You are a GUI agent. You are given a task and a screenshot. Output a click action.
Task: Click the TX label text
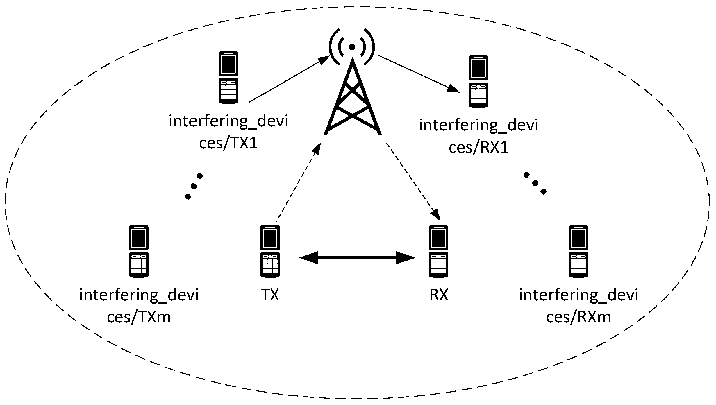[270, 295]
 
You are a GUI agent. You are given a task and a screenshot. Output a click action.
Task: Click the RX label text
[439, 295]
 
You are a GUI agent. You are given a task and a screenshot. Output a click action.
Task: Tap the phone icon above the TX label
[270, 251]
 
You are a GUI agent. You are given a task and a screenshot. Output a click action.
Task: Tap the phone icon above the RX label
[439, 251]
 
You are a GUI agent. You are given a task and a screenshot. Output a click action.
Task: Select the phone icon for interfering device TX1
[228, 77]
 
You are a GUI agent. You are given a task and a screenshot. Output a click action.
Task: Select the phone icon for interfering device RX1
[478, 82]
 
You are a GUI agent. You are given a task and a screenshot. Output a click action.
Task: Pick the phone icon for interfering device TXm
[139, 251]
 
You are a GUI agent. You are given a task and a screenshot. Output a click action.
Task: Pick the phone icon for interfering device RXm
[578, 251]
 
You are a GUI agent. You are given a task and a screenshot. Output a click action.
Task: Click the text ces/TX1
[228, 143]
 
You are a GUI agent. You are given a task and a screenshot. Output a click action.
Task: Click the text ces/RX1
[478, 148]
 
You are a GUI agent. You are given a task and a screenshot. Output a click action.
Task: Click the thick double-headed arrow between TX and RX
[357, 258]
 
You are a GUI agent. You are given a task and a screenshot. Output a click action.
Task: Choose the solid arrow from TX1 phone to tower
[289, 79]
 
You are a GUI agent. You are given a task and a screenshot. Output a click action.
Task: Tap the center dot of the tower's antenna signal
[352, 47]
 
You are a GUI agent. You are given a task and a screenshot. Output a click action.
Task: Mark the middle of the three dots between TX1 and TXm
[194, 186]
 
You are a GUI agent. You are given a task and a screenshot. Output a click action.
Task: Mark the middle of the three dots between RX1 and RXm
[534, 183]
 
